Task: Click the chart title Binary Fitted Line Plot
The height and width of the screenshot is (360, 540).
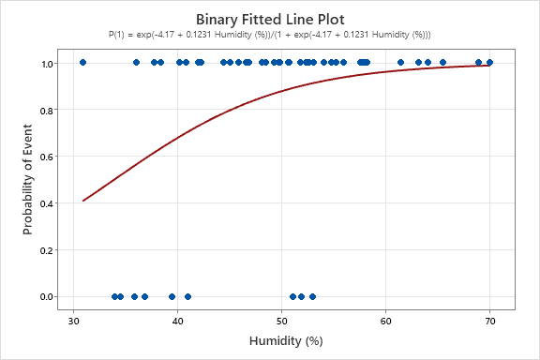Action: tap(270, 19)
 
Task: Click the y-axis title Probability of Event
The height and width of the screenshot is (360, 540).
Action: tap(29, 180)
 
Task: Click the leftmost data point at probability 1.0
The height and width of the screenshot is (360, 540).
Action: tap(82, 62)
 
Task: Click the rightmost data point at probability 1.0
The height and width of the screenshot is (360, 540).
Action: tap(489, 62)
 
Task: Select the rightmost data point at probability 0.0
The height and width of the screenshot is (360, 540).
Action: tap(312, 296)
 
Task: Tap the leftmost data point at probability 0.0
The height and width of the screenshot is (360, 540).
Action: tap(114, 296)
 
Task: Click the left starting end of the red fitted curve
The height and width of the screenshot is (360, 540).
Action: tap(83, 200)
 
